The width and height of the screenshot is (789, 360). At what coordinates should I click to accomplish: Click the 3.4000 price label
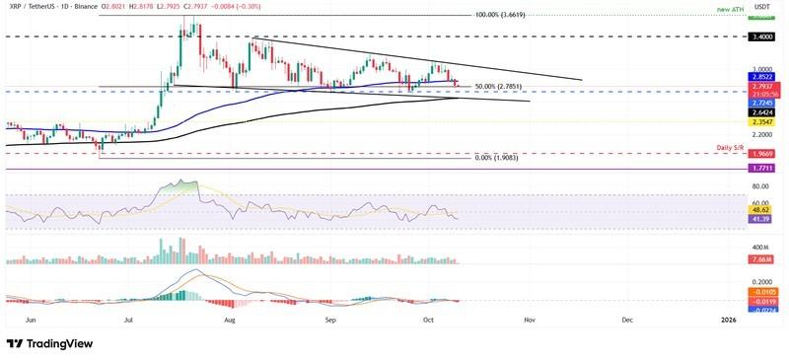coord(760,36)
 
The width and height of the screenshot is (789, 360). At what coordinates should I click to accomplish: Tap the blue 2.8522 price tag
coord(760,76)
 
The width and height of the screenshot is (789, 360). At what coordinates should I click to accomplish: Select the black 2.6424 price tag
coord(760,112)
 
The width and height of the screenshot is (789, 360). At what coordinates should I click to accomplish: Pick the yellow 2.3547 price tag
coord(760,122)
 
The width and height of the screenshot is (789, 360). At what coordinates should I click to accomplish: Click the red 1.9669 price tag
coord(760,154)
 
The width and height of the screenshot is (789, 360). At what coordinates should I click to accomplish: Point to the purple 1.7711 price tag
coord(760,169)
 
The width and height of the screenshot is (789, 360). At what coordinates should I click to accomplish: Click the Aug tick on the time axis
coord(231,320)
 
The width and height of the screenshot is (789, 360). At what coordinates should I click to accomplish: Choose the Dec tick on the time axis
coord(627,320)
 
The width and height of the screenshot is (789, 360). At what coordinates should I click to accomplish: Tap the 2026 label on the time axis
coord(728,320)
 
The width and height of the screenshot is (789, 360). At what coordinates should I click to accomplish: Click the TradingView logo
coord(49,343)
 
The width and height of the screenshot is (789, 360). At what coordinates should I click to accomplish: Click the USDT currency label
coord(759,6)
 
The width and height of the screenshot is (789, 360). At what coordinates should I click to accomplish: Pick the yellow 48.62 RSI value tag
coord(760,210)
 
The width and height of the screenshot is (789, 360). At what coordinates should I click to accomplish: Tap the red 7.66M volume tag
coord(760,258)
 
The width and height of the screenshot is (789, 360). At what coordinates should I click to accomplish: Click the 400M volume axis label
coord(759,247)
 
